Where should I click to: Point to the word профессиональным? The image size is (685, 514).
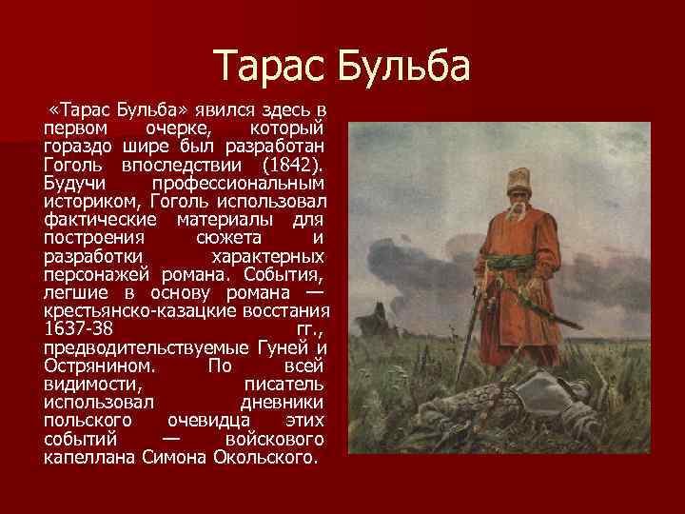click(x=237, y=181)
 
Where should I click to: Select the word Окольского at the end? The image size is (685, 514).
click(x=264, y=457)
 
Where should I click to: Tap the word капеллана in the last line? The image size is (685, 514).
click(x=88, y=457)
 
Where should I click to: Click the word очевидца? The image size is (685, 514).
click(x=208, y=420)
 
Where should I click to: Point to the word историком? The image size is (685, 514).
click(x=88, y=200)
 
